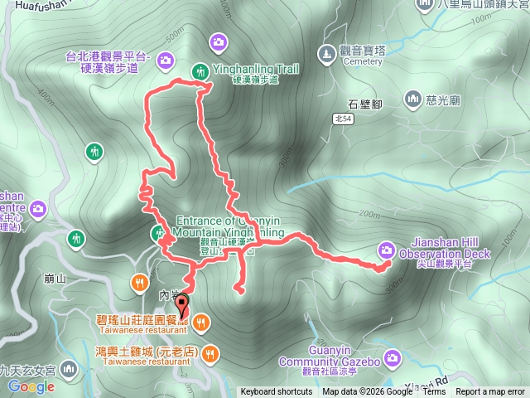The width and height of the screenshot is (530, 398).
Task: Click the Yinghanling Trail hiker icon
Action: click(x=200, y=72)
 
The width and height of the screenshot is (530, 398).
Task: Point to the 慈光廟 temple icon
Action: click(x=413, y=100)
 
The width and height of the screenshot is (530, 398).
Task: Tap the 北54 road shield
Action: click(x=344, y=119)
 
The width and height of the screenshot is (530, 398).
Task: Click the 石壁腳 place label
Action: click(x=364, y=104)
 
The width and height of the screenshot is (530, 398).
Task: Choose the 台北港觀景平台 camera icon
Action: click(x=166, y=59)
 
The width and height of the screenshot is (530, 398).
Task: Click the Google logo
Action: click(x=31, y=386)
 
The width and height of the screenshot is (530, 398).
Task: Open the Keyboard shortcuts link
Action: click(x=277, y=392)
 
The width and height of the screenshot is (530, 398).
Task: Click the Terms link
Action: click(x=434, y=392)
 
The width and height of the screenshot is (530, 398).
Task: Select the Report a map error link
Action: click(x=490, y=392)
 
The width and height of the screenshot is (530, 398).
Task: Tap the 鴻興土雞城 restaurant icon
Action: click(x=210, y=353)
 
